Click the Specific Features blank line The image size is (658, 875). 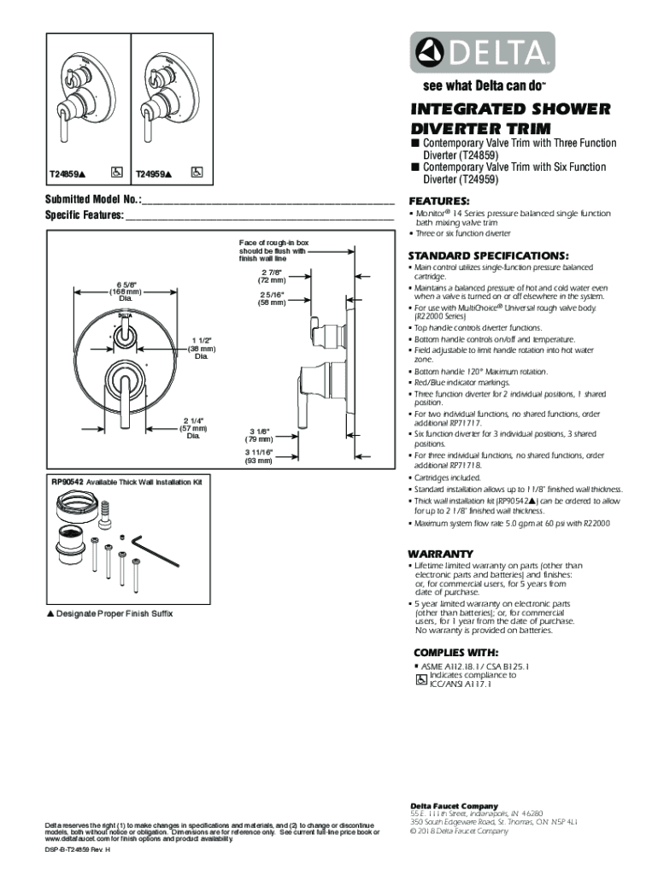click(260, 216)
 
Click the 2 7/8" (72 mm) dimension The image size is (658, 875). click(272, 277)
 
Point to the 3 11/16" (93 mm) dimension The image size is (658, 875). click(259, 456)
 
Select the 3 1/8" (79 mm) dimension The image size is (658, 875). click(259, 435)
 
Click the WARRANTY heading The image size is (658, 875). click(440, 553)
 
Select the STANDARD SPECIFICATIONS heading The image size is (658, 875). click(487, 255)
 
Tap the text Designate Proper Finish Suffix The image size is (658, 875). click(119, 614)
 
